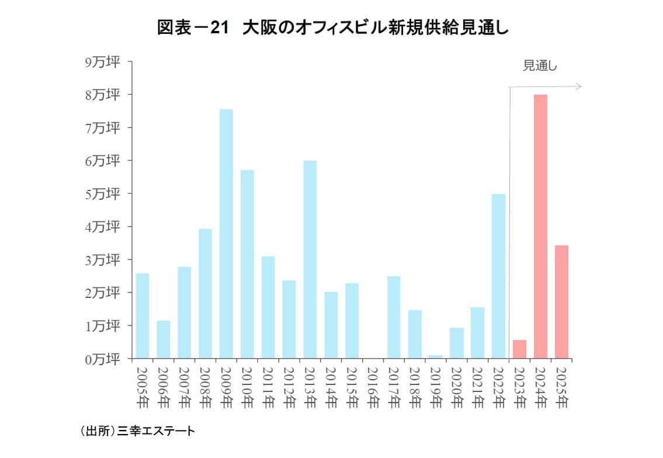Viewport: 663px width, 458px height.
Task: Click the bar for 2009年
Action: (x=226, y=234)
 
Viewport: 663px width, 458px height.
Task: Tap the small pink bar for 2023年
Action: (x=519, y=349)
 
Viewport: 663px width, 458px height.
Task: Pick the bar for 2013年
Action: (x=310, y=259)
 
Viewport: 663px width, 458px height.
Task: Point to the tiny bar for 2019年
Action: (x=435, y=356)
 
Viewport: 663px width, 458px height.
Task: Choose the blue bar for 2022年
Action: (x=498, y=276)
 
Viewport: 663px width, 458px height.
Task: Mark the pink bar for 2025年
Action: (x=561, y=301)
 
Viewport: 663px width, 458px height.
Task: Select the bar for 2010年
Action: (x=247, y=264)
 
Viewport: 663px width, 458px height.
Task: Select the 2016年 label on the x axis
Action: (x=373, y=386)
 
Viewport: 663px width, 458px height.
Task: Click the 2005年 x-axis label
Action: (x=142, y=386)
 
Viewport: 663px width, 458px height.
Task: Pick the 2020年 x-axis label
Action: (x=456, y=386)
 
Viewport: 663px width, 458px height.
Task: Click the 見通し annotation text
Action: (x=540, y=66)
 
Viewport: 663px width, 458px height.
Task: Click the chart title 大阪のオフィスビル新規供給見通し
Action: (x=372, y=28)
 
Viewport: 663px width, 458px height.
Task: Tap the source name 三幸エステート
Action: (x=155, y=432)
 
